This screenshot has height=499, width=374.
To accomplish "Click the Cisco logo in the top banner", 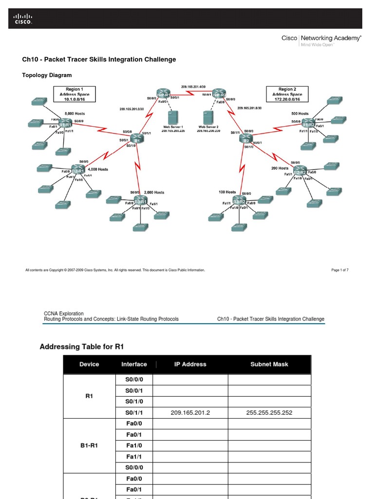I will pyautogui.click(x=22, y=19).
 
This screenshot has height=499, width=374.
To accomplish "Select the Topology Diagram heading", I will pyautogui.click(x=47, y=75).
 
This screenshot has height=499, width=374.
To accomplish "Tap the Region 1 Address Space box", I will pyautogui.click(x=75, y=94).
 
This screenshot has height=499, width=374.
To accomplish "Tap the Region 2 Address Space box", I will pyautogui.click(x=287, y=94).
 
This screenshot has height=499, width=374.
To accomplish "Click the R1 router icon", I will pyautogui.click(x=136, y=139).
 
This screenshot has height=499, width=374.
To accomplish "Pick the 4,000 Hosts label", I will pyautogui.click(x=97, y=169).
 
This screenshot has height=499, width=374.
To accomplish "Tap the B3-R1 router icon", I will pyautogui.click(x=140, y=201).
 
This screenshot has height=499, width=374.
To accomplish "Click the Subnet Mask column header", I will pyautogui.click(x=268, y=364).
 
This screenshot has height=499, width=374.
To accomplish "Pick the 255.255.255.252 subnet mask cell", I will pyautogui.click(x=269, y=413).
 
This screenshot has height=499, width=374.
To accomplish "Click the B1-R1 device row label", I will pyautogui.click(x=89, y=445).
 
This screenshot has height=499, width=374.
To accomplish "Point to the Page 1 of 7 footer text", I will pyautogui.click(x=339, y=270).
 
